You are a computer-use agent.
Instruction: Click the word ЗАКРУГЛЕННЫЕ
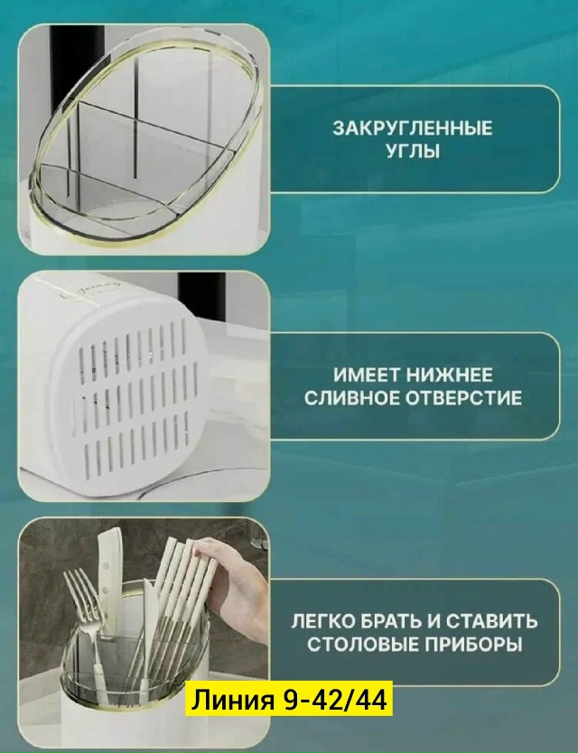pyautogui.click(x=414, y=129)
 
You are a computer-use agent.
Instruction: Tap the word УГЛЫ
pyautogui.click(x=414, y=152)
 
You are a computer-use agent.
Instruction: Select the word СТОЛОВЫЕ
pyautogui.click(x=362, y=644)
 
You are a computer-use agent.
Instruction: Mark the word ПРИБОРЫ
pyautogui.click(x=473, y=644)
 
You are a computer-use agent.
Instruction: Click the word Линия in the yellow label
pyautogui.click(x=233, y=700)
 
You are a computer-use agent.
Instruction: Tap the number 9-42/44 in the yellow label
pyautogui.click(x=335, y=700)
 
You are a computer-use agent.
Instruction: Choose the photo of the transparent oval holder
pyautogui.click(x=144, y=139)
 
